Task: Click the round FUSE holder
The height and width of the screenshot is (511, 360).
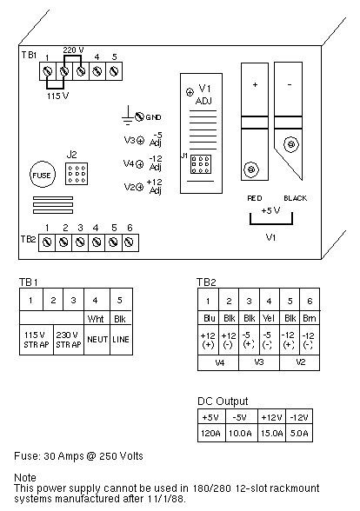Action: point(43,175)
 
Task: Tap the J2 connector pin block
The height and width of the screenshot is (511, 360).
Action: point(77,174)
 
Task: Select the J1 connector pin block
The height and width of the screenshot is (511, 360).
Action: point(201,164)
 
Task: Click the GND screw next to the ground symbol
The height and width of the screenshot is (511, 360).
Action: point(139,116)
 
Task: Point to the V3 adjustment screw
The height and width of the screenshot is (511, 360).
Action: point(140,141)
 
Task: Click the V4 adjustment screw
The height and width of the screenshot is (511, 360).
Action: point(139,164)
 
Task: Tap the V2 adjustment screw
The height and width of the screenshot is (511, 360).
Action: point(139,187)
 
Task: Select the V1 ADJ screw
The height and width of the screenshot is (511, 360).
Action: point(190,92)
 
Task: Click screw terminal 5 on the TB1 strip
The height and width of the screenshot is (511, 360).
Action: point(114,71)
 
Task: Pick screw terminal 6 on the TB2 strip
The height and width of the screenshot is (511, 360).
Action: point(130,242)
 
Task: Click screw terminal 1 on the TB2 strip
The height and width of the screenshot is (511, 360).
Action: point(47,242)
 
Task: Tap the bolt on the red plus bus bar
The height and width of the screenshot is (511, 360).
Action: point(251,169)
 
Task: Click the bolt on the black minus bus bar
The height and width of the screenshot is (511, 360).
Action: point(291,144)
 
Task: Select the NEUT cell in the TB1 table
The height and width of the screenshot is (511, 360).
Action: point(97,340)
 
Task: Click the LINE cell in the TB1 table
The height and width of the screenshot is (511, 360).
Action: point(122,340)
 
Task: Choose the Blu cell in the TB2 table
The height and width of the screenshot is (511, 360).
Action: point(209,318)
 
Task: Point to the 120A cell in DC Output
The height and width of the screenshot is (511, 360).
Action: point(211,433)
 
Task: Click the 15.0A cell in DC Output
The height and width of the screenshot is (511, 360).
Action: point(271,433)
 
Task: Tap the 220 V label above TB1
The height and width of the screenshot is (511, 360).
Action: point(73,50)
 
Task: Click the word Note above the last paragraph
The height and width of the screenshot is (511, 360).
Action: point(25,477)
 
